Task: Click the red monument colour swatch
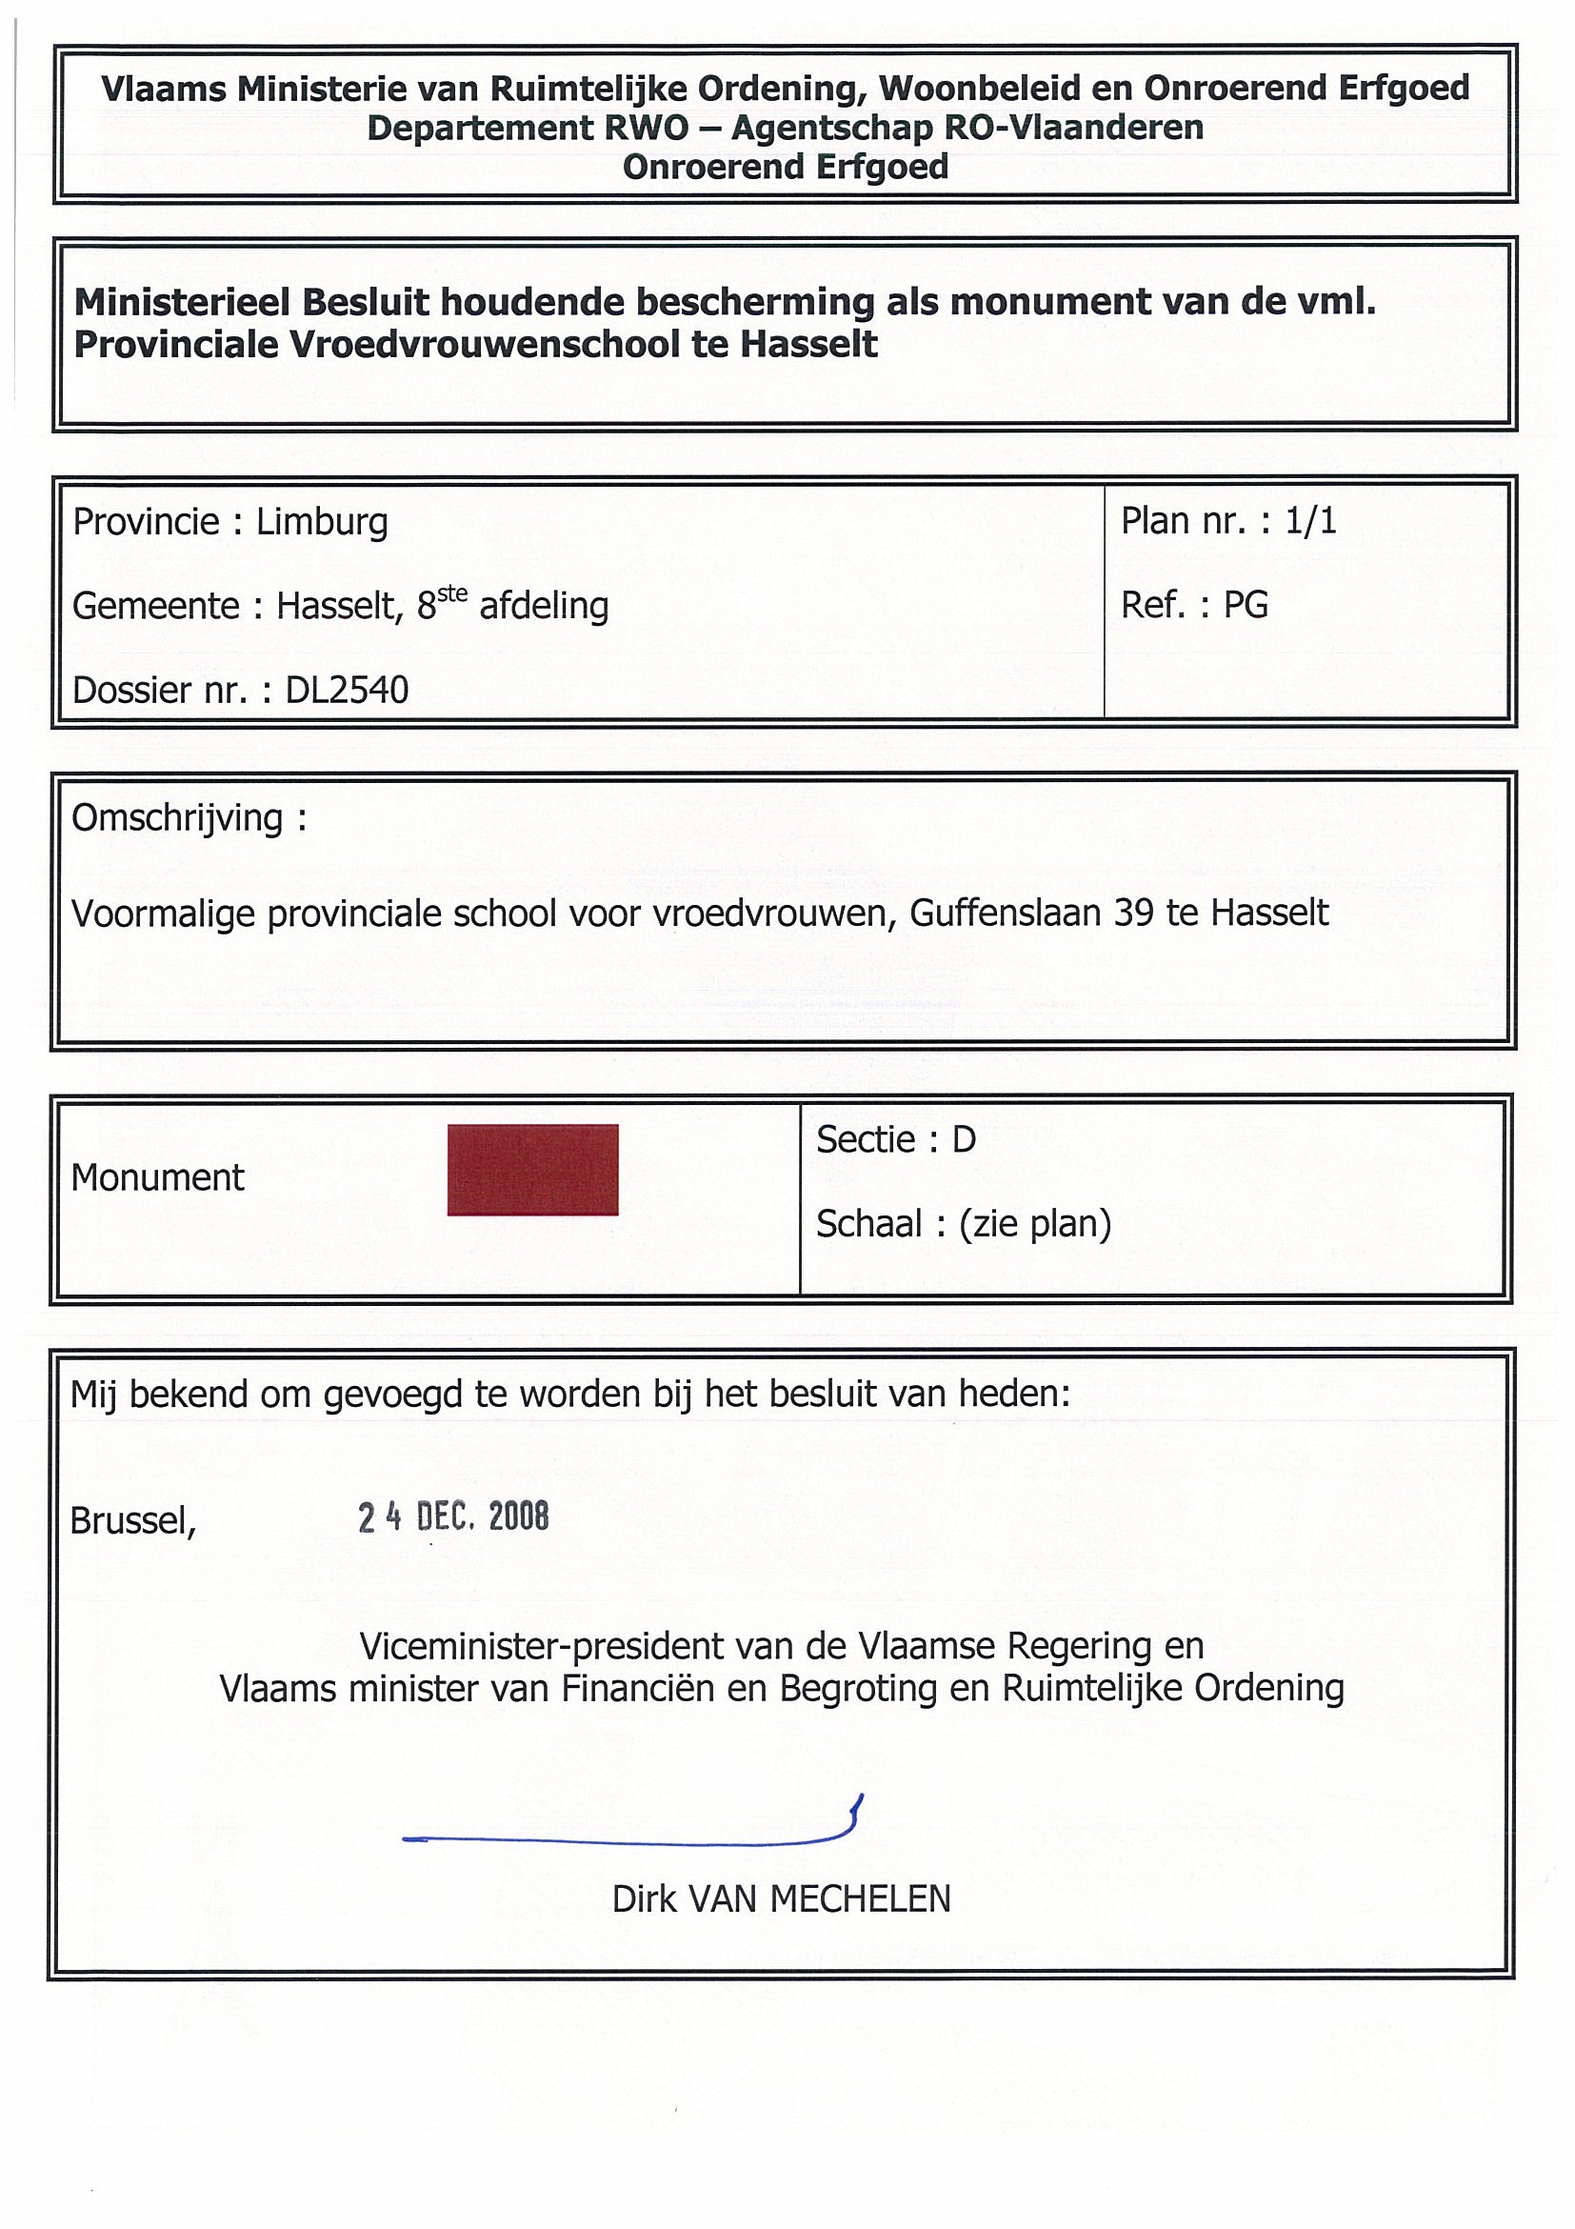coord(531,1169)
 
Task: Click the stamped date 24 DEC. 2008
coord(453,1516)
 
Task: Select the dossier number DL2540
coord(347,691)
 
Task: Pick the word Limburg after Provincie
coord(321,523)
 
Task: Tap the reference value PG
coord(1246,605)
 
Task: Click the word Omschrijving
coord(176,818)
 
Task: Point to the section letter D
coord(963,1139)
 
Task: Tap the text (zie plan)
coord(1034,1224)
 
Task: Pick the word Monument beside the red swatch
coord(157,1177)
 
